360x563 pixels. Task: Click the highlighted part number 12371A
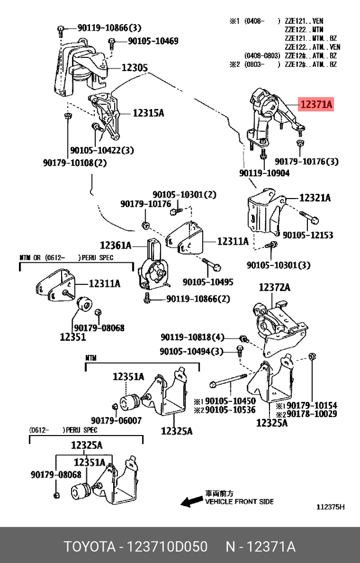coord(316,105)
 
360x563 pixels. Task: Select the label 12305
coord(135,68)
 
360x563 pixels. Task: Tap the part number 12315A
coord(148,112)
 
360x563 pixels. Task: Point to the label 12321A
coord(315,198)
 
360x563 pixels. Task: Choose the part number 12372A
coord(274,287)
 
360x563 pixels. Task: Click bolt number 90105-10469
coord(153,41)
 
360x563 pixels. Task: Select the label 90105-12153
coord(308,235)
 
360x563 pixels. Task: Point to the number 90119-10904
coord(264,172)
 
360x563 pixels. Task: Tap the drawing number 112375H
coord(330,507)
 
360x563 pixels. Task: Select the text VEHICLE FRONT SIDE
coord(239,501)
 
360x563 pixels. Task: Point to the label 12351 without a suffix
coord(73,337)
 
